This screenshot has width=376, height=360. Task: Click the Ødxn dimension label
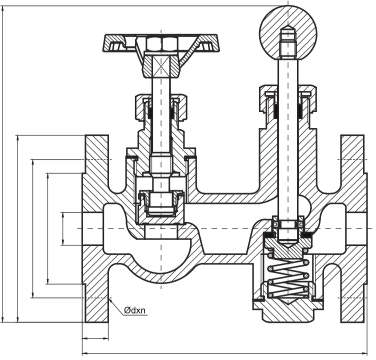[135, 311]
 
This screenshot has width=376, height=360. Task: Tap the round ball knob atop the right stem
[288, 32]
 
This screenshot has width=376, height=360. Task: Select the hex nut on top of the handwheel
[161, 44]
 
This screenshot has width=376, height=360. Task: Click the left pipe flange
[96, 229]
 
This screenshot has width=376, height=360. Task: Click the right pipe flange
[353, 229]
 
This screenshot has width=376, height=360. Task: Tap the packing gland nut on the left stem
[161, 107]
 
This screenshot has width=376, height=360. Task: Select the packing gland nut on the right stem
[288, 98]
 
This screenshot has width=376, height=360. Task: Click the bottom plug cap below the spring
[288, 311]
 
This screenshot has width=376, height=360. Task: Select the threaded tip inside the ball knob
[288, 42]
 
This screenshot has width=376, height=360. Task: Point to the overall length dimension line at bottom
[225, 353]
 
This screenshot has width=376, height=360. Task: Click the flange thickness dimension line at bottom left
[96, 339]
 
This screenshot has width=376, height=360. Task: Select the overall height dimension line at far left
[3, 164]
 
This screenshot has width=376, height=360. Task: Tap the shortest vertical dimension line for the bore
[63, 229]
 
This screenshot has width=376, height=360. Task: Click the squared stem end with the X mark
[161, 66]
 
